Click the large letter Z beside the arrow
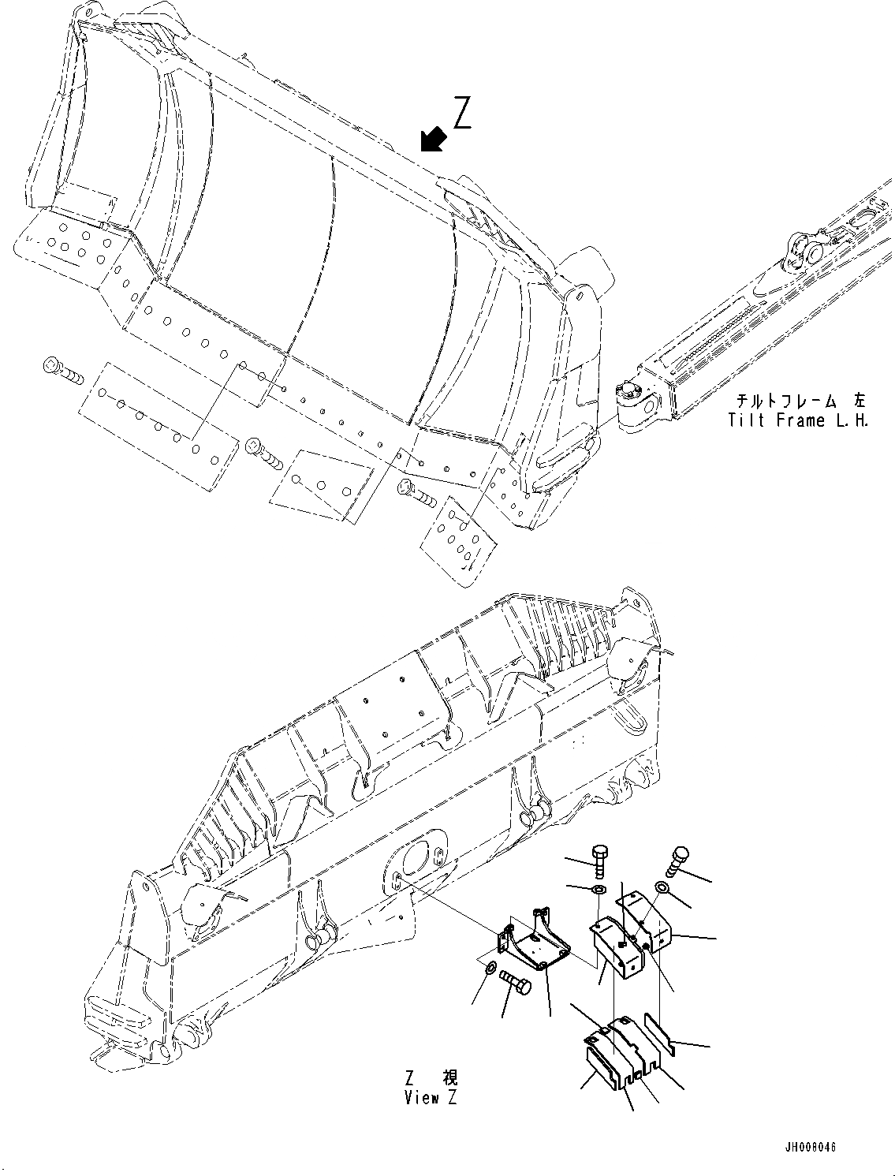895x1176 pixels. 463,112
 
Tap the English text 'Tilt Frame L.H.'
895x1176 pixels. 798,420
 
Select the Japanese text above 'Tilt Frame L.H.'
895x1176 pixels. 798,401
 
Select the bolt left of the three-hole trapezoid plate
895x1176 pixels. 264,452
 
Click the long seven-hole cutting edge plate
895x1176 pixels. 158,426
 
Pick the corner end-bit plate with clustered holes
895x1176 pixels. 461,540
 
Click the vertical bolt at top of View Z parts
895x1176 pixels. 599,861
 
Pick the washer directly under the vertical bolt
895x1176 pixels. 599,890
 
